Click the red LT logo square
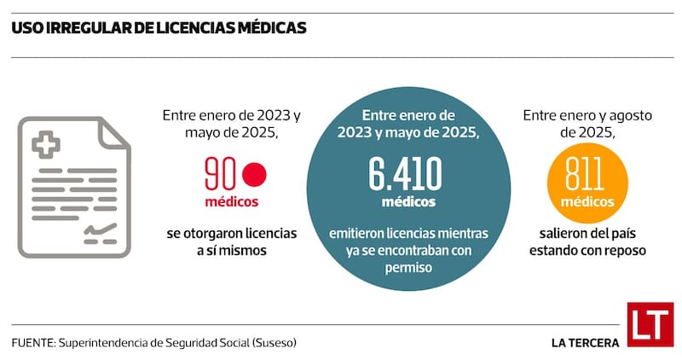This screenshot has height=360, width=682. click(650, 324)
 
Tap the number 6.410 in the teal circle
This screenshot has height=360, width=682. click(405, 175)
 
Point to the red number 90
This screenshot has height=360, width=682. click(221, 175)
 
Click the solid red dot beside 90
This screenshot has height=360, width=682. click(254, 175)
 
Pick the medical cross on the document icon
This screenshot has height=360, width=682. click(45, 143)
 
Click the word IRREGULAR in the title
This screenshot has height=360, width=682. click(89, 28)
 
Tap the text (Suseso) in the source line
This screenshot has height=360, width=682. click(277, 342)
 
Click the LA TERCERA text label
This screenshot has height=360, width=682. click(585, 343)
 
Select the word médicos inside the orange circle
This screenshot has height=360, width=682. click(587, 202)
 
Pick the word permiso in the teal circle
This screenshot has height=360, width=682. click(405, 267)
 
